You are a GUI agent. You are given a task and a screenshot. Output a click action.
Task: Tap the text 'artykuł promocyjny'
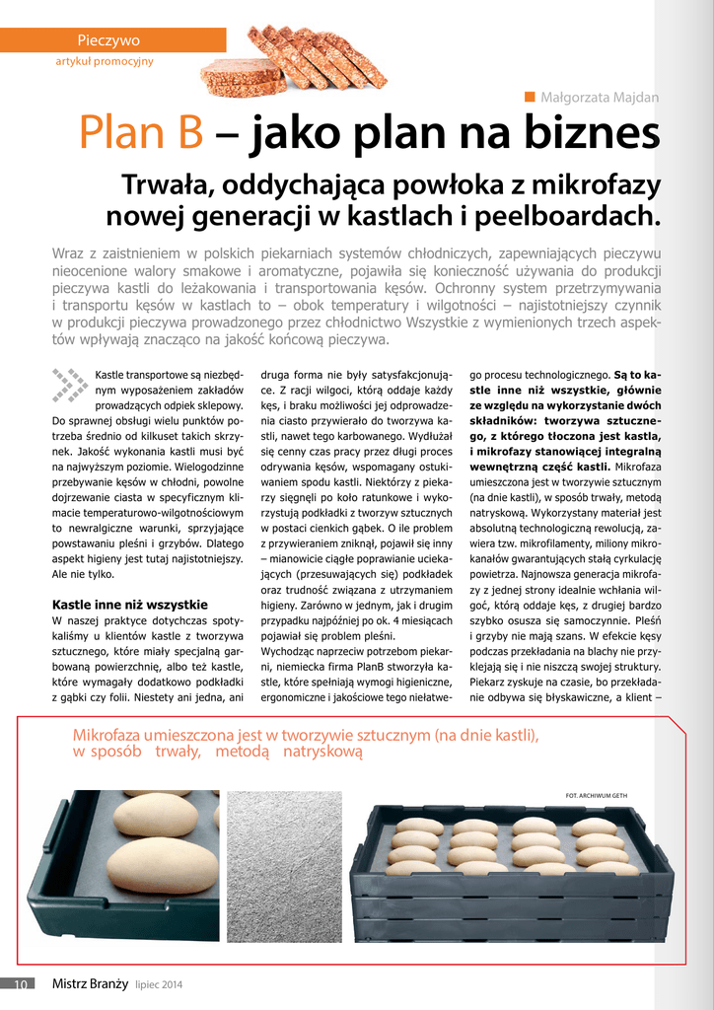click(105, 61)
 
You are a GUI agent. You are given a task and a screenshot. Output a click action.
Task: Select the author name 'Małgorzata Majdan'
click(600, 97)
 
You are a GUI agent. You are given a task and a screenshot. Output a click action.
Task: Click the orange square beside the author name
click(530, 96)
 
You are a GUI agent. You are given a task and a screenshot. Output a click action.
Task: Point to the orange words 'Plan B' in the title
click(140, 135)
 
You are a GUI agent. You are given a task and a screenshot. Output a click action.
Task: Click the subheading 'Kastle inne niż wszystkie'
click(129, 605)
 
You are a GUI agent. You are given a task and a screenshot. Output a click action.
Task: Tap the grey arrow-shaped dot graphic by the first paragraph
click(70, 385)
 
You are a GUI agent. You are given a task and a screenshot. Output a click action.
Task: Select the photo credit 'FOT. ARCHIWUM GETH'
click(597, 795)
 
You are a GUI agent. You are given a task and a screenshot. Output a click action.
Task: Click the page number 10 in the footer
click(21, 983)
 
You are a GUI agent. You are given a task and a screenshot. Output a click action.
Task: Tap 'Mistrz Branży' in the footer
click(90, 983)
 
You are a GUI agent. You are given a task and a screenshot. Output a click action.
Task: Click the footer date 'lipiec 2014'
click(159, 984)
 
